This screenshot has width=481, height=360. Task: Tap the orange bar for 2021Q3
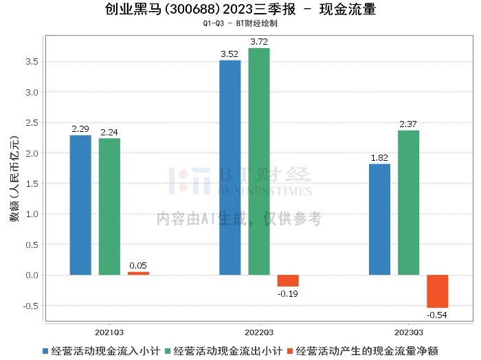pos(138,273)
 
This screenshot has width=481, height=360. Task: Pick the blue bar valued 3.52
pos(230,168)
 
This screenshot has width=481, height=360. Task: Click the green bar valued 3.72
pos(259,161)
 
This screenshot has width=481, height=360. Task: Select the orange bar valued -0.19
pos(288,280)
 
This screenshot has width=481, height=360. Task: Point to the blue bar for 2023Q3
pos(379,219)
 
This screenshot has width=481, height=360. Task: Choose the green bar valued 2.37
pos(408,203)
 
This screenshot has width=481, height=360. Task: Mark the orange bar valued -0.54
pos(437,291)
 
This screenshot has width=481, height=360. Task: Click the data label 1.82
pos(379,158)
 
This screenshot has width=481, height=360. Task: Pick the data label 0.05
pos(138,266)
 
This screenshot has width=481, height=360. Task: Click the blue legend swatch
pos(45,351)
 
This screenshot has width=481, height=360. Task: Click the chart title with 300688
pos(240,10)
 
